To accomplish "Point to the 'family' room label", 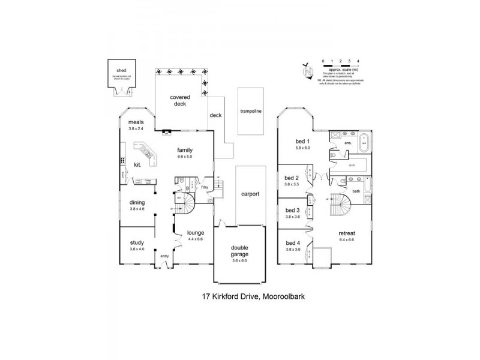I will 184,150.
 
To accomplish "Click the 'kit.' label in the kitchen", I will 137,164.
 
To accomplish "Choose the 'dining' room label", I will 137,202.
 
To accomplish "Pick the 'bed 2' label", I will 292,179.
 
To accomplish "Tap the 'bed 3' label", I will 292,211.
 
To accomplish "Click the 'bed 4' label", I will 292,242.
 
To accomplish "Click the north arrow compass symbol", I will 309,70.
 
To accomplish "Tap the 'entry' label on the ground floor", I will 164,256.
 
